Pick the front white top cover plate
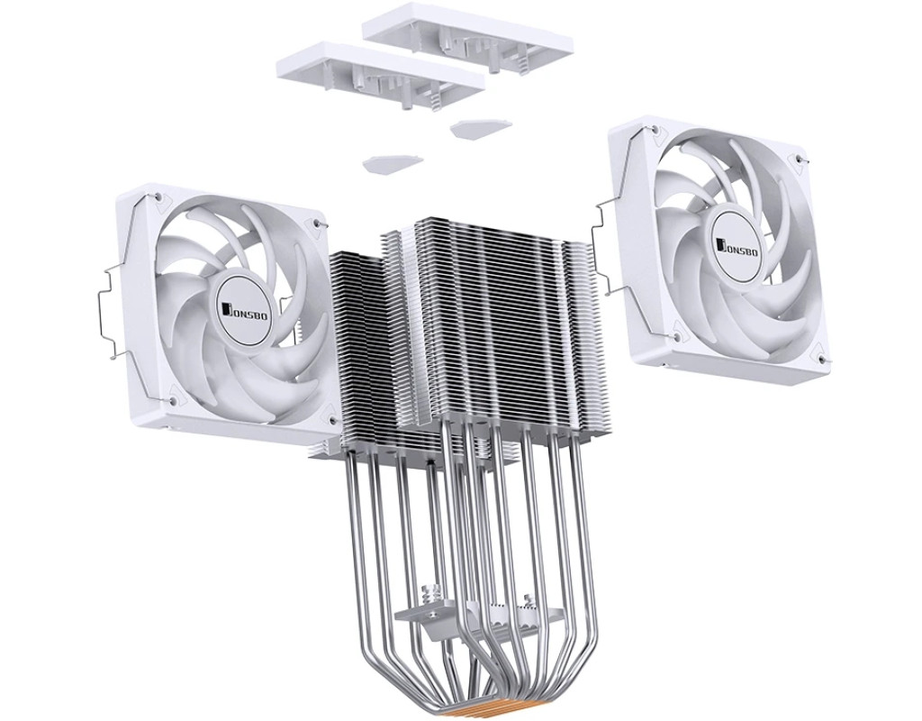(381, 76)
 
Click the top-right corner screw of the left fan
(318, 224)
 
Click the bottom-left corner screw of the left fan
(172, 400)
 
